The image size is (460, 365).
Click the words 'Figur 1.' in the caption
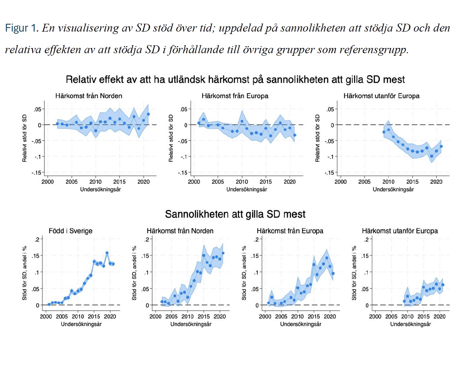[x=21, y=28]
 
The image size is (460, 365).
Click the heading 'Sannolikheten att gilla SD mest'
[x=235, y=214]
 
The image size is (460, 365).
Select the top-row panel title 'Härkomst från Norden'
[x=88, y=96]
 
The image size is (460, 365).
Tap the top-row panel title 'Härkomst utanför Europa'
[x=381, y=96]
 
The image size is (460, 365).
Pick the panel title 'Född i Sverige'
[x=70, y=231]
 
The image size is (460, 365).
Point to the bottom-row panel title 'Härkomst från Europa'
[x=290, y=231]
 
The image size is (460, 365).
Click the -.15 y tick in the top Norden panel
[x=37, y=173]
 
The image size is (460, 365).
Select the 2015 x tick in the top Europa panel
[x=266, y=182]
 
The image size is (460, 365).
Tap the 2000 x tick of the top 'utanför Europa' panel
[x=340, y=182]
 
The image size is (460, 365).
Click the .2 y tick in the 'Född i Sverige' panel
[x=37, y=239]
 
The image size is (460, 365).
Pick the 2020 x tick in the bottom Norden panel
[x=220, y=316]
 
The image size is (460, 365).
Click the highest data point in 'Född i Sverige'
[x=107, y=253]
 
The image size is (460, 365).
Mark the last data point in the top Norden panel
[x=148, y=114]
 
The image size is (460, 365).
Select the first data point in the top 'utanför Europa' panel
[x=384, y=132]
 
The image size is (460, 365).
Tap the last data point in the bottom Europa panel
[x=333, y=273]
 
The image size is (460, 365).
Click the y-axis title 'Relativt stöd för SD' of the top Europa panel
[x=171, y=138]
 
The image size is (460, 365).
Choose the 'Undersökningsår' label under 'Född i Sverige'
[x=81, y=324]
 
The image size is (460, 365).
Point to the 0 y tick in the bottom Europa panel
[x=257, y=305]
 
